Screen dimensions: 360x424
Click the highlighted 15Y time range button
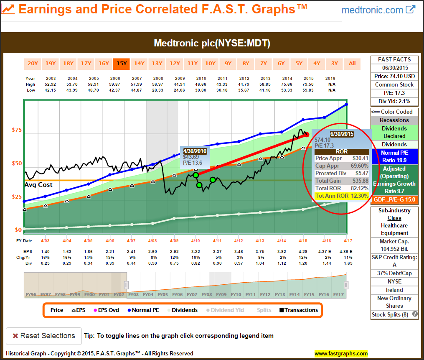pyautogui.click(x=122, y=64)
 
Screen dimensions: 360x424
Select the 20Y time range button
pyautogui.click(x=33, y=64)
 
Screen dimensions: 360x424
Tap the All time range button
pyautogui.click(x=352, y=64)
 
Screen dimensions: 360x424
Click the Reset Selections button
pyautogui.click(x=43, y=336)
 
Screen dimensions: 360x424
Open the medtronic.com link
pyautogui.click(x=378, y=10)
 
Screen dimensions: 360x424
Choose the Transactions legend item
pyautogui.click(x=299, y=310)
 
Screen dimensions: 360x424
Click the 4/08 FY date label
pyautogui.click(x=152, y=241)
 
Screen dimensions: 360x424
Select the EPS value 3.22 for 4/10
pyautogui.click(x=195, y=251)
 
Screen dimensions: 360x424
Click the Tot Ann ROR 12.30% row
pyautogui.click(x=342, y=196)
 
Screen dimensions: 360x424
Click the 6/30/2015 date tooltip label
pyautogui.click(x=342, y=134)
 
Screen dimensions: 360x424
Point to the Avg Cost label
pyautogui.click(x=39, y=184)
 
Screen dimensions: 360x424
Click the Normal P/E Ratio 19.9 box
pyautogui.click(x=394, y=156)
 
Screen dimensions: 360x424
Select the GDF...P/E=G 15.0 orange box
pyautogui.click(x=394, y=200)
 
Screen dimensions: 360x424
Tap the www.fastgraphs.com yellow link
pyautogui.click(x=341, y=354)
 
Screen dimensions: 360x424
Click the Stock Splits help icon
pyautogui.click(x=415, y=314)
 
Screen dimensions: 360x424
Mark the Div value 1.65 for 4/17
pyautogui.click(x=348, y=263)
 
